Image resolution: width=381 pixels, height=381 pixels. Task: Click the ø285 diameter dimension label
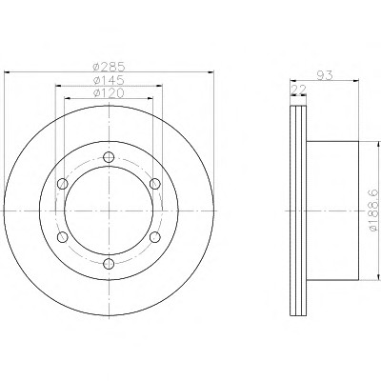click(109, 67)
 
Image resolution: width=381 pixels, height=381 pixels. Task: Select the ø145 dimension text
click(109, 80)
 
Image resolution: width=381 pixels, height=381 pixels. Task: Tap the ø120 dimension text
click(109, 93)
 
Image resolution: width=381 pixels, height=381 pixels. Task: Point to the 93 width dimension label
click(325, 75)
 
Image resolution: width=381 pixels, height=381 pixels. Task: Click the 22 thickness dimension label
click(298, 90)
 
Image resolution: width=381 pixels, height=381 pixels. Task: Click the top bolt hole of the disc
click(109, 157)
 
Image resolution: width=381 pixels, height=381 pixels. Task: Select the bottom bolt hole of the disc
click(109, 263)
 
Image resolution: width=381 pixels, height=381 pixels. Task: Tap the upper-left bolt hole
click(63, 184)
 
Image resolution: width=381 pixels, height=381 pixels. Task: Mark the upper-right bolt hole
click(155, 184)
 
